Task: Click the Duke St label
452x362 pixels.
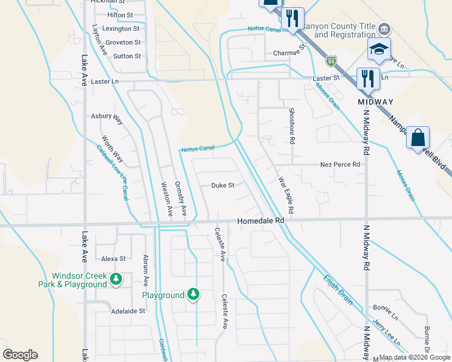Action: pos(222,186)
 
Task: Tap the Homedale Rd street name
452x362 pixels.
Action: pos(260,221)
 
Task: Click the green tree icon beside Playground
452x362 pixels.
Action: pos(193,294)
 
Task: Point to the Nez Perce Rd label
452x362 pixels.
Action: pos(340,164)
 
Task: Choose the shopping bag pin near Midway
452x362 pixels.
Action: pos(418,138)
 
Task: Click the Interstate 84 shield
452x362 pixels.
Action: pos(330,61)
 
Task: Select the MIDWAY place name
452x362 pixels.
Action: pos(375,101)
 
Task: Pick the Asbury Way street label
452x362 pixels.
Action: pos(107,118)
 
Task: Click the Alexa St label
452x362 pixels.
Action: pos(113,258)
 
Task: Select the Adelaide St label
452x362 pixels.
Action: pos(129,311)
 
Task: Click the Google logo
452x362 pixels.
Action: pos(20,355)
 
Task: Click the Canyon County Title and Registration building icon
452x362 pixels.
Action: pos(383,30)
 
